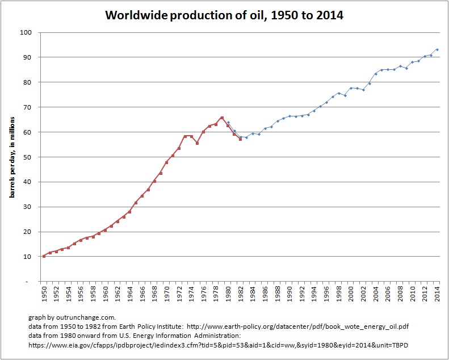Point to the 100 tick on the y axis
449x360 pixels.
pos(26,32)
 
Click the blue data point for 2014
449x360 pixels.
pos(437,50)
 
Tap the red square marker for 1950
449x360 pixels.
pos(44,256)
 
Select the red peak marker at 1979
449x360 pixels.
pos(222,118)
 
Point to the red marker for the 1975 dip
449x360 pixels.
pos(197,143)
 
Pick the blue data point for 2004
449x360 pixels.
pos(375,74)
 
